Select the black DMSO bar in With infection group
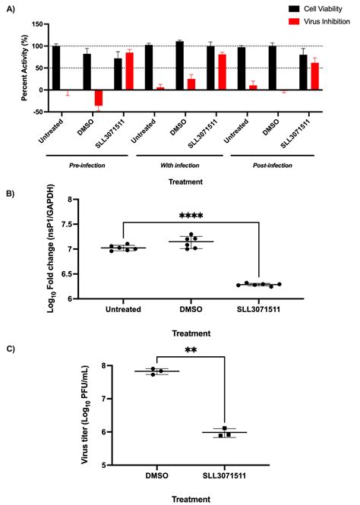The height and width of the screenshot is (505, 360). tap(179, 65)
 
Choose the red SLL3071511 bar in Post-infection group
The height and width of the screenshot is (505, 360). tap(314, 76)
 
